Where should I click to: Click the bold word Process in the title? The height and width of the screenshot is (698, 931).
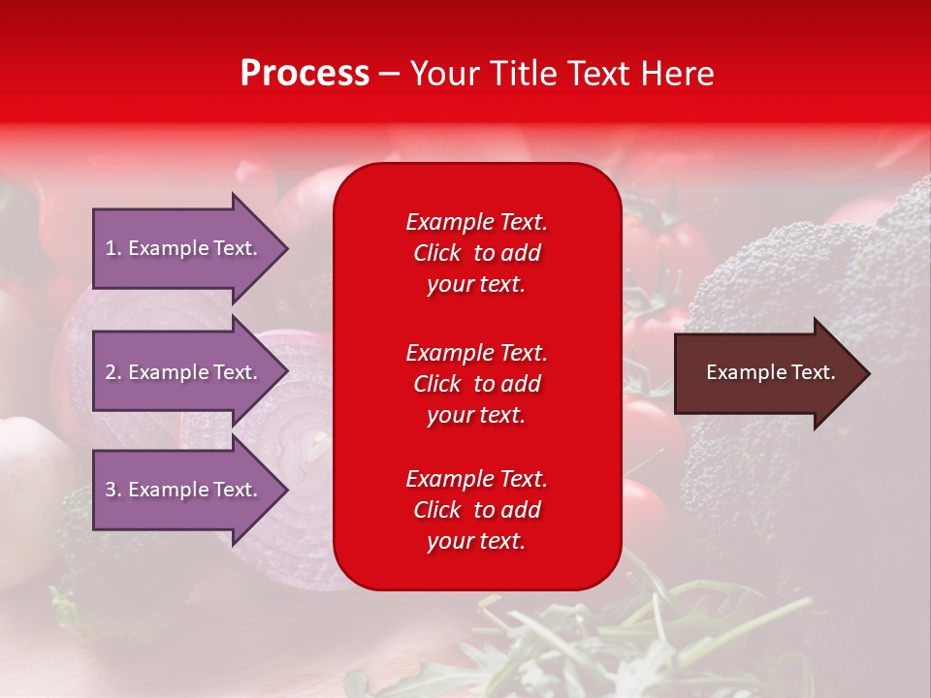305,74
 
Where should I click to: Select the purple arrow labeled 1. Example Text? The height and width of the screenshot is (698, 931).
184,248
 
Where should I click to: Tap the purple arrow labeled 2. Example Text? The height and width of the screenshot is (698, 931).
184,372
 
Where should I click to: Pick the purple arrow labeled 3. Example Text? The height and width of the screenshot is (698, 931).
184,490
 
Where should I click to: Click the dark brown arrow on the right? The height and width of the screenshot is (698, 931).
766,373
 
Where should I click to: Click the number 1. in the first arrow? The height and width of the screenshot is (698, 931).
113,248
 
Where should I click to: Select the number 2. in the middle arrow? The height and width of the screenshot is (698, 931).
113,372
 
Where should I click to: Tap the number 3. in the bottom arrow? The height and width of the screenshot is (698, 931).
113,490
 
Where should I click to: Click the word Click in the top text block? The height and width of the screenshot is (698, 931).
436,253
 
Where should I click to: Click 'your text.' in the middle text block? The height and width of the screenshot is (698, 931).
476,415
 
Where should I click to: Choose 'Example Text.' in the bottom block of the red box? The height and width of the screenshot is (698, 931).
476,479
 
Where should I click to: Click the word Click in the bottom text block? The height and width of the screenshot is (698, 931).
436,510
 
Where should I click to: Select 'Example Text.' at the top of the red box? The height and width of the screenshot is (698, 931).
476,222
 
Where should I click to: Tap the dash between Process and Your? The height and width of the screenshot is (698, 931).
390,74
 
